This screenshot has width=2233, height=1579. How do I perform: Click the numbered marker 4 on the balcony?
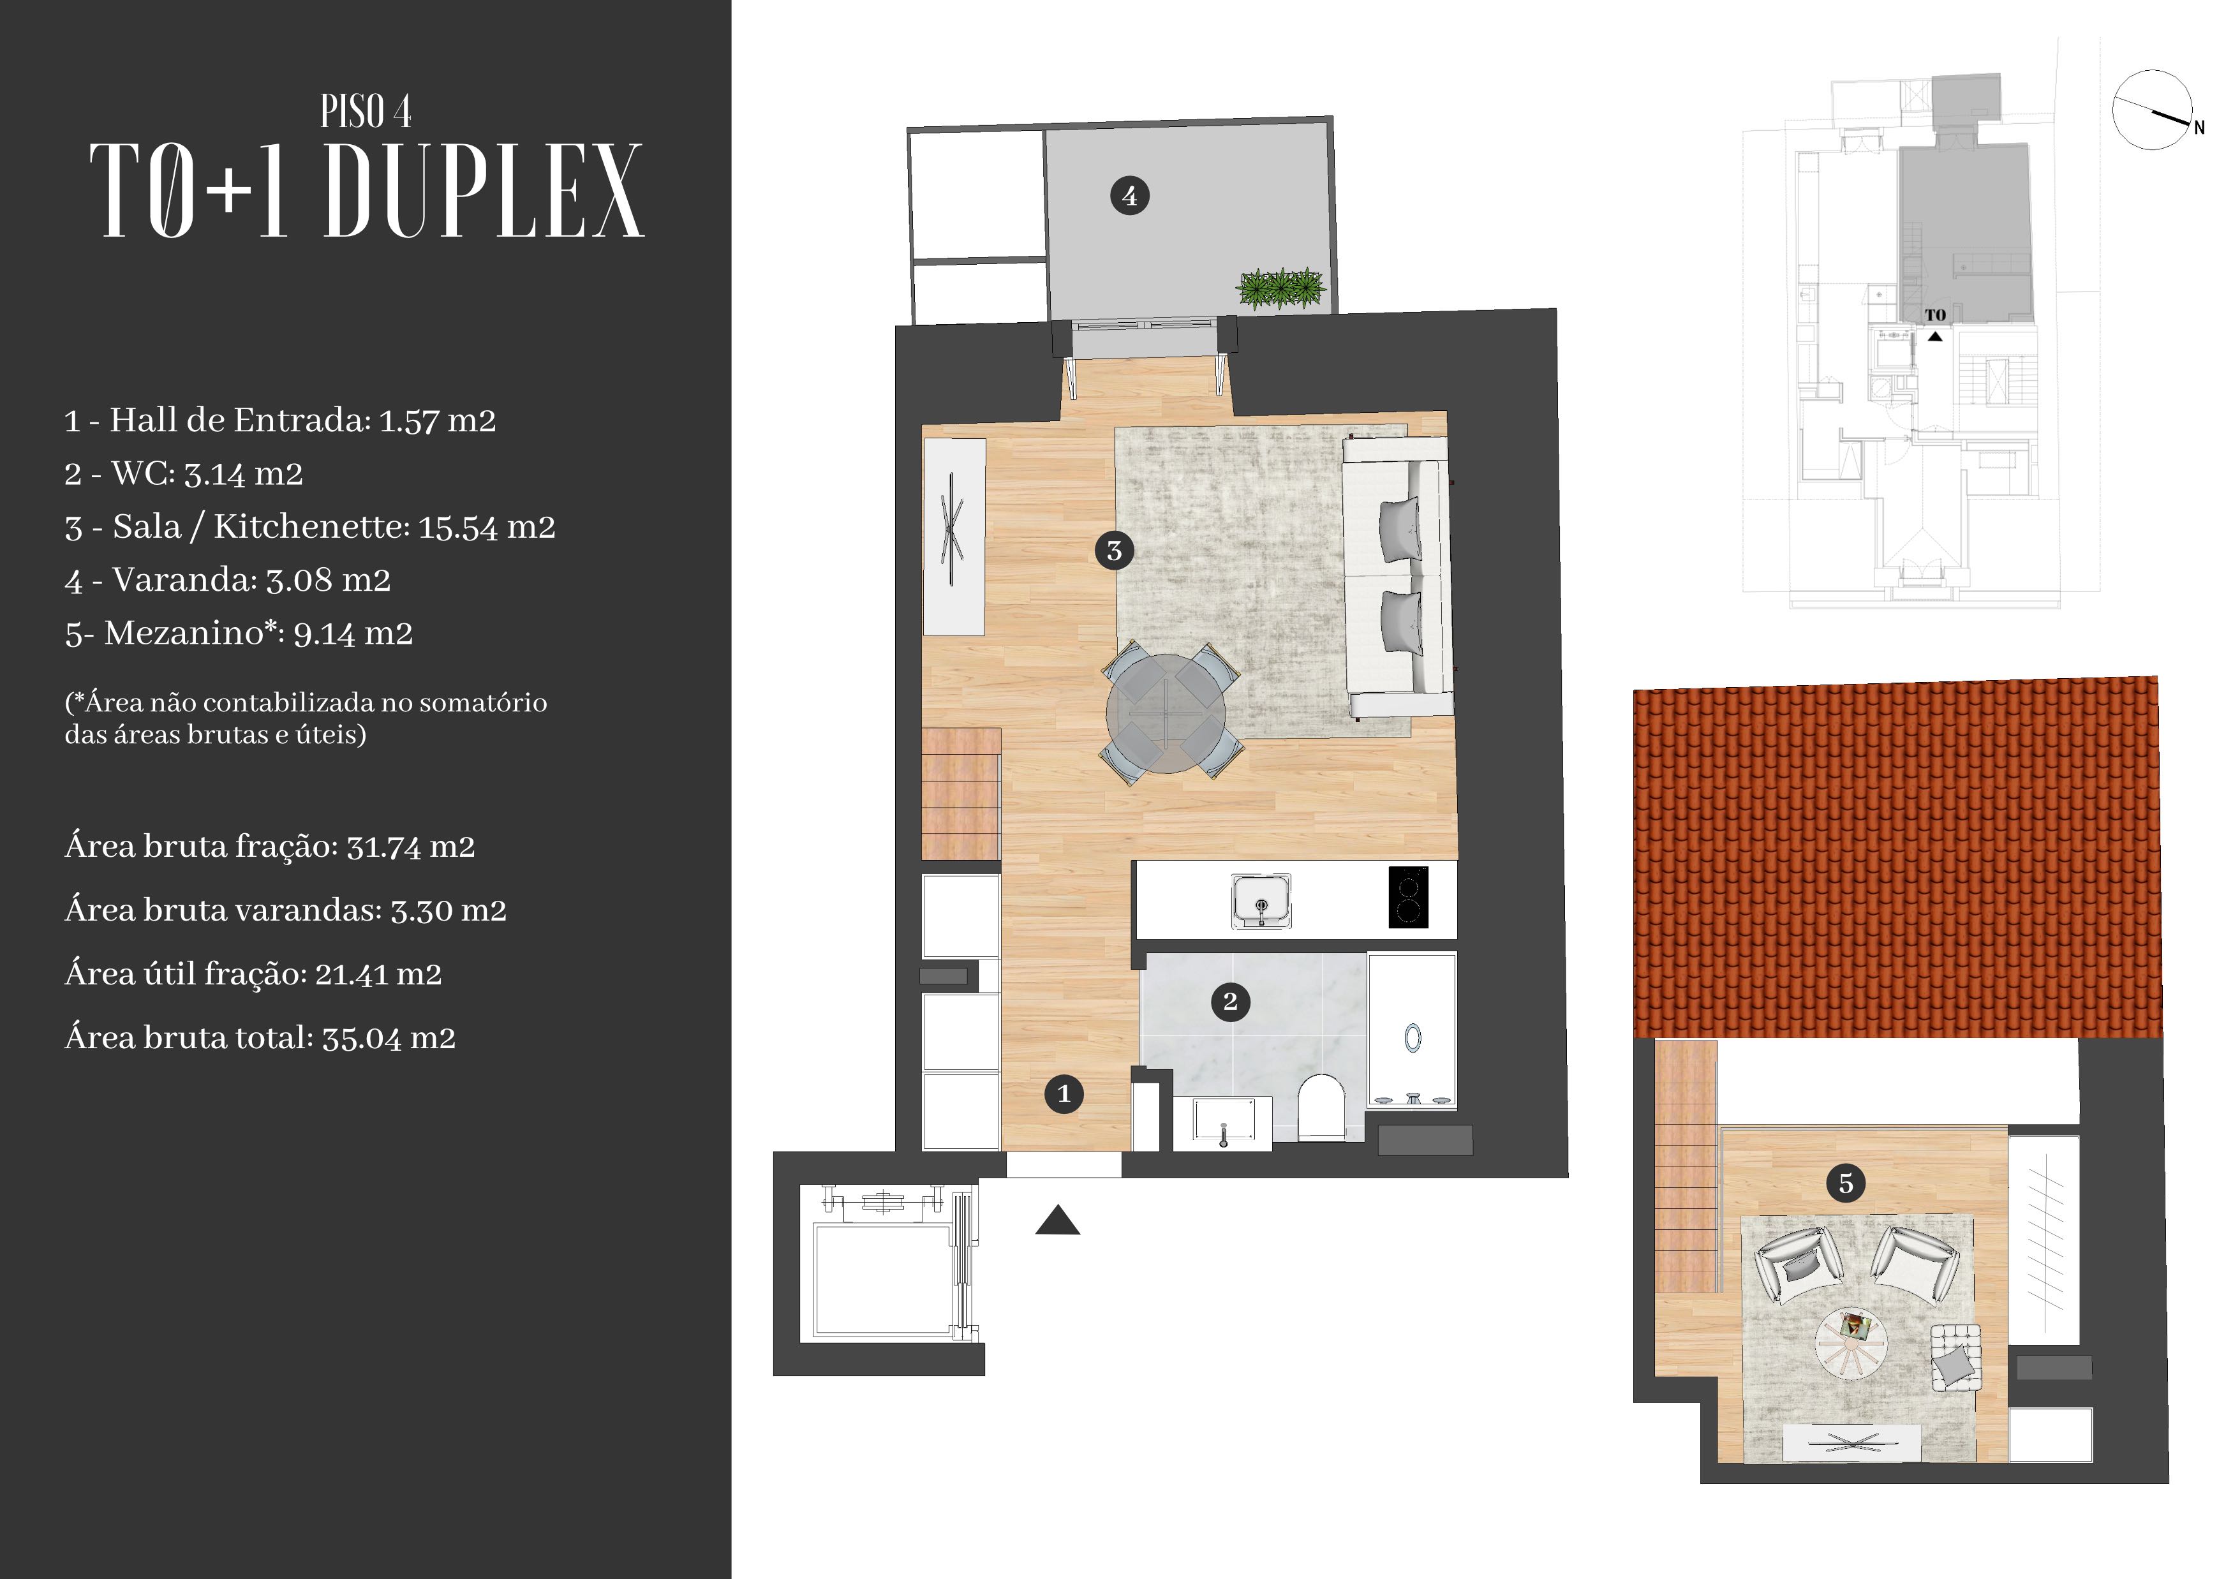click(1129, 195)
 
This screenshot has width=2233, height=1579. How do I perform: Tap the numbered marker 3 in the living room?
click(1115, 551)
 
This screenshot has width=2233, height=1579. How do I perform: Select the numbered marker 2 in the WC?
click(1230, 1002)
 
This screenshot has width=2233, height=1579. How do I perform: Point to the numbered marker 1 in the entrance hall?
click(1064, 1094)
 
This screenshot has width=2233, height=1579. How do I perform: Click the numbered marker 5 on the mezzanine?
click(1845, 1183)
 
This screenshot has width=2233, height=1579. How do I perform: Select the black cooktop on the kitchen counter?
click(1408, 896)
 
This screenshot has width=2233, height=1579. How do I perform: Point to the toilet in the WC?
click(1322, 1106)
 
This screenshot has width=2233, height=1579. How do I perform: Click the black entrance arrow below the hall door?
click(1058, 1220)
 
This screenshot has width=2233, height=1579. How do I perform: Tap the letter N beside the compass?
click(2199, 128)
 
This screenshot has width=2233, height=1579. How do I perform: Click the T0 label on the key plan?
click(1936, 315)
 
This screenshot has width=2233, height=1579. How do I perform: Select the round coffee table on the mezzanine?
click(1851, 1343)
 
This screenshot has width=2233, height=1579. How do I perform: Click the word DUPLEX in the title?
click(484, 191)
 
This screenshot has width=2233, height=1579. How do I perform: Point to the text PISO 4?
click(366, 112)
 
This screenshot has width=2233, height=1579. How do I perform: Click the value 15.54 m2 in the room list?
click(486, 527)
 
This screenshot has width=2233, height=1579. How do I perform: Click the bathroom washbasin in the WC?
click(1222, 1122)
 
